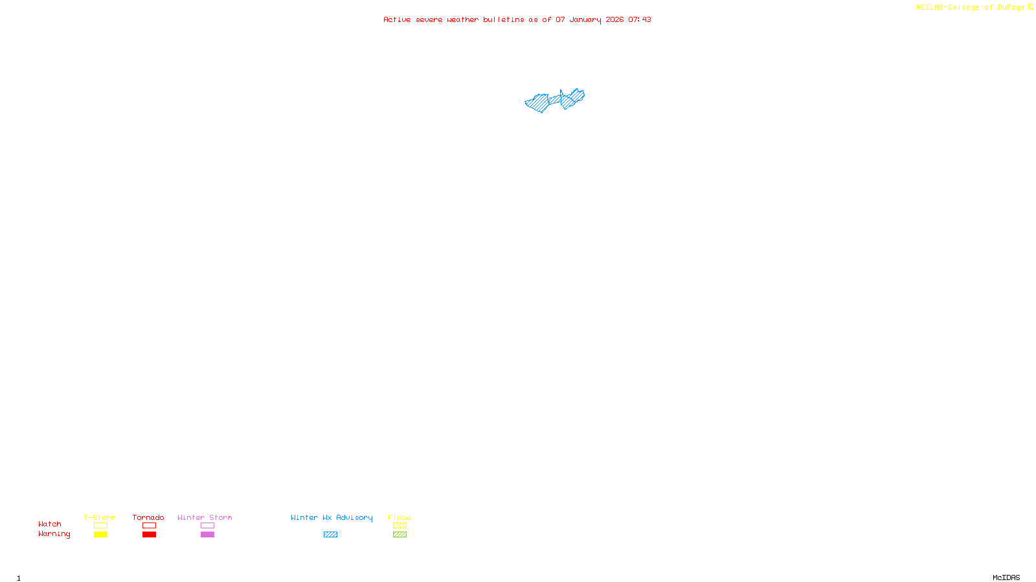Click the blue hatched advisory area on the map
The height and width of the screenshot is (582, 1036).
pyautogui.click(x=538, y=103)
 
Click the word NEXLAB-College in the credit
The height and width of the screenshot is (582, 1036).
pyautogui.click(x=947, y=8)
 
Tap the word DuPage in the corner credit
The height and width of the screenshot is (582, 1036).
pyautogui.click(x=1011, y=8)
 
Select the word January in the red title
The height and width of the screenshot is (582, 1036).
pyautogui.click(x=585, y=20)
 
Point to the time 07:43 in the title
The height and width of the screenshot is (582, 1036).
pyautogui.click(x=639, y=20)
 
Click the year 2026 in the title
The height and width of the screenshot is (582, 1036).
pyautogui.click(x=614, y=20)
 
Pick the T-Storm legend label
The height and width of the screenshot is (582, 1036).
pyautogui.click(x=100, y=517)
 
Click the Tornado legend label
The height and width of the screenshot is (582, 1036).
pyautogui.click(x=148, y=517)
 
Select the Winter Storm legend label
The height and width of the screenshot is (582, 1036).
pyautogui.click(x=205, y=517)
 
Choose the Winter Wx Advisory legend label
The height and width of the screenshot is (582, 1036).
pyautogui.click(x=332, y=517)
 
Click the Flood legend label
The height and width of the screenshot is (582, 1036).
pyautogui.click(x=400, y=517)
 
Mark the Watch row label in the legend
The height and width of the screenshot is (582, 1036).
pyautogui.click(x=50, y=524)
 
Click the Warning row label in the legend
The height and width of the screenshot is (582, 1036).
pyautogui.click(x=54, y=534)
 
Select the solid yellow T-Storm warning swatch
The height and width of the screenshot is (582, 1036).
pyautogui.click(x=100, y=535)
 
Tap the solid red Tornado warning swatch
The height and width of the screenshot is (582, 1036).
pyautogui.click(x=149, y=535)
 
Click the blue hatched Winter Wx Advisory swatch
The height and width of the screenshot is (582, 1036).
pyautogui.click(x=330, y=535)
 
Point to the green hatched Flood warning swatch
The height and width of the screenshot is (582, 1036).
pyautogui.click(x=400, y=535)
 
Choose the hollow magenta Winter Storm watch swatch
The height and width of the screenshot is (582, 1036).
pyautogui.click(x=207, y=526)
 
